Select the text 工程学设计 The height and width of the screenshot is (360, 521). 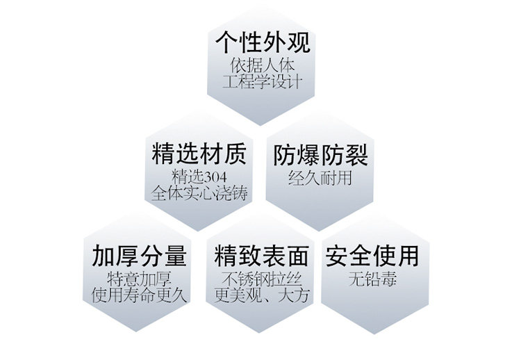261,83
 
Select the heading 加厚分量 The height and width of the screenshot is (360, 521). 140,256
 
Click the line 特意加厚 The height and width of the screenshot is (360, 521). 140,279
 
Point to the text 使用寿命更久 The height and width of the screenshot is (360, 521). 140,295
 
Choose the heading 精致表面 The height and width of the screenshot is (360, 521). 262,256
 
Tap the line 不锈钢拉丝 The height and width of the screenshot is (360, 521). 262,279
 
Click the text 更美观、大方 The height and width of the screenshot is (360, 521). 262,295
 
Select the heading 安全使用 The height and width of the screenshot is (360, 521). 373,256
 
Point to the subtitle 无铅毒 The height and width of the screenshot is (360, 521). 373,280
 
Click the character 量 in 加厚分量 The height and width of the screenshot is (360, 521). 176,256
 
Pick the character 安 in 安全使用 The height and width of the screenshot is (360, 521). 338,256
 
